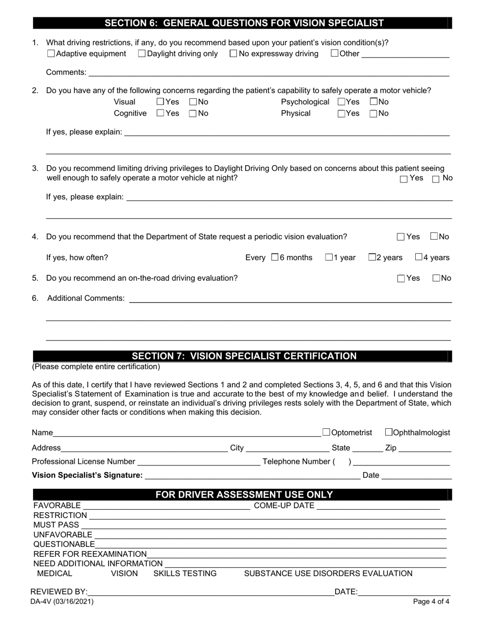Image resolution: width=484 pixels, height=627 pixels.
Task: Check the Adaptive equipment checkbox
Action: coord(51,54)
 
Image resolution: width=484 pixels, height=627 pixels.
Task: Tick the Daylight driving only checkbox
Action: coord(142,54)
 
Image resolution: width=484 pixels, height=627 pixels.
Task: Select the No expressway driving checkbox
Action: coord(233,54)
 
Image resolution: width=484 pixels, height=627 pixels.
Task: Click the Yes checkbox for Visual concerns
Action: coord(160,102)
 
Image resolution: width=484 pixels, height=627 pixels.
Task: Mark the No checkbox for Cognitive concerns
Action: coord(193,114)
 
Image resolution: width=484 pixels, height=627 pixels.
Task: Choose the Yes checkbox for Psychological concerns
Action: coord(341,102)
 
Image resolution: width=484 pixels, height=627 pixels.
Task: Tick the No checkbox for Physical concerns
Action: coord(373,114)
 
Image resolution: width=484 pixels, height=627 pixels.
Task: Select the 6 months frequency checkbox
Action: coord(275,257)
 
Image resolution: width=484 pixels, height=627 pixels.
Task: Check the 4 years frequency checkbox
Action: coord(418,257)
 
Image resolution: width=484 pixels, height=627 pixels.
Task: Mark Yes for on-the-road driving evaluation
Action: coord(401,278)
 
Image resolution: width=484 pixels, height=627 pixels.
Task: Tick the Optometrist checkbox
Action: coord(327,432)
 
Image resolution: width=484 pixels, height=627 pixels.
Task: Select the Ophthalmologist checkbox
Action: coord(389,432)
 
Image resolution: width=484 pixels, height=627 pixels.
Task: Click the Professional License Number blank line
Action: coord(199,462)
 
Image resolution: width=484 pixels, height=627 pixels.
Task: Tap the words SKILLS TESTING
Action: coord(185,573)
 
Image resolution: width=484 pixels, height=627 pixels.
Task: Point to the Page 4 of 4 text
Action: coord(431,602)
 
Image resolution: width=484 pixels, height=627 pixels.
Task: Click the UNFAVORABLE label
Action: coord(63,535)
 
